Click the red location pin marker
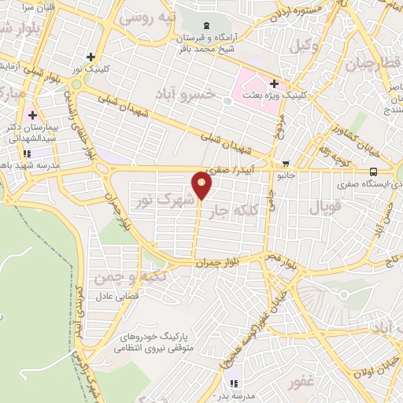click(201, 185)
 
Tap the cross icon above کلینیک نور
click(91, 57)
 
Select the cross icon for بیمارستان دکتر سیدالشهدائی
click(32, 116)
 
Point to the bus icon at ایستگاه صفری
click(373, 172)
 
